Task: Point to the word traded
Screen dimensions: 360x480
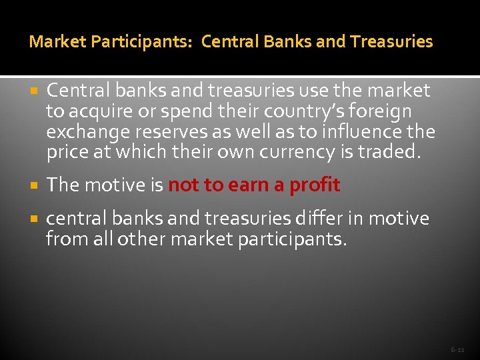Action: pos(389,152)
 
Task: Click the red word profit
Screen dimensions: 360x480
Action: pos(315,185)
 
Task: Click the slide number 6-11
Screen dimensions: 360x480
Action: pos(457,349)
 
